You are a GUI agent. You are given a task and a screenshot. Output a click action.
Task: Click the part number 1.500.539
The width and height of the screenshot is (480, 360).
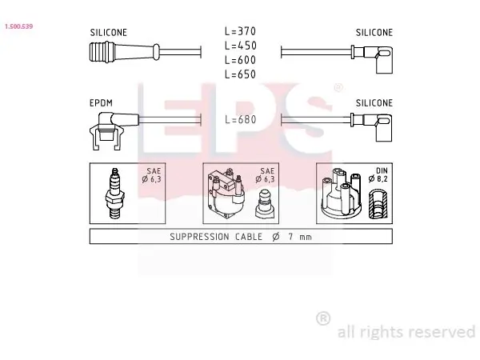(18, 26)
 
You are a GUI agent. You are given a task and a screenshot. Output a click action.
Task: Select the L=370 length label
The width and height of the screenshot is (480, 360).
(240, 31)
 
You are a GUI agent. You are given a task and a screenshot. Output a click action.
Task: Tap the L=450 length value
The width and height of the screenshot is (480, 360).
(240, 46)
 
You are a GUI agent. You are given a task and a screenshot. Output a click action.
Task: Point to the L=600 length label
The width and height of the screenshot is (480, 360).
(240, 60)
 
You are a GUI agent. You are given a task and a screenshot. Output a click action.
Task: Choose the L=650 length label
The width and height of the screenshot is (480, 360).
(240, 74)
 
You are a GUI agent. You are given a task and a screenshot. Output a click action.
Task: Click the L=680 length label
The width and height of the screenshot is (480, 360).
(240, 119)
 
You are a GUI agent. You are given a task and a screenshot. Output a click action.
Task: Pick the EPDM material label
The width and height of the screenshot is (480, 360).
(101, 103)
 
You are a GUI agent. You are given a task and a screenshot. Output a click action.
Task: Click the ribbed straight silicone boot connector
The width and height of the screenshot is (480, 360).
(124, 52)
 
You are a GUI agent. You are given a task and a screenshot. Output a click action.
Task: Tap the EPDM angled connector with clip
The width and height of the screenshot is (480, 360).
(114, 131)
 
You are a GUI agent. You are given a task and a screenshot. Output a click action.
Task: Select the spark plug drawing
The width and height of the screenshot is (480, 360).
(114, 193)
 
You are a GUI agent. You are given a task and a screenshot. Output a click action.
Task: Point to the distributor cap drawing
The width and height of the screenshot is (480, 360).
(341, 193)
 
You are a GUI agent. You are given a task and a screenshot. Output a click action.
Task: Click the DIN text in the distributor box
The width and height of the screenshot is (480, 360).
(382, 170)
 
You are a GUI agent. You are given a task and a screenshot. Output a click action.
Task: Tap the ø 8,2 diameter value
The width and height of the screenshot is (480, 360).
(378, 178)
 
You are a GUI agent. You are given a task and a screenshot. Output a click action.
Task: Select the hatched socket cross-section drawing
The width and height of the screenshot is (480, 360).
(378, 204)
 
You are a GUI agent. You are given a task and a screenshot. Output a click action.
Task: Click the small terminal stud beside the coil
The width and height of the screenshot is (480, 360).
(265, 204)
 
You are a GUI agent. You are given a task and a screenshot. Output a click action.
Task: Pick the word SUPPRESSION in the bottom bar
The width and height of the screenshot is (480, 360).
(199, 237)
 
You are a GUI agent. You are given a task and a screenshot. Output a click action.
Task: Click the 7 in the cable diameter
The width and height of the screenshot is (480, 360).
(290, 236)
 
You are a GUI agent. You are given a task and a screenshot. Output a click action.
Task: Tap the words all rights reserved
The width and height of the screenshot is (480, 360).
(406, 331)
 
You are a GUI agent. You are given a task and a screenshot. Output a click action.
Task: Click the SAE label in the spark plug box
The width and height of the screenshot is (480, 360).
(154, 171)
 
